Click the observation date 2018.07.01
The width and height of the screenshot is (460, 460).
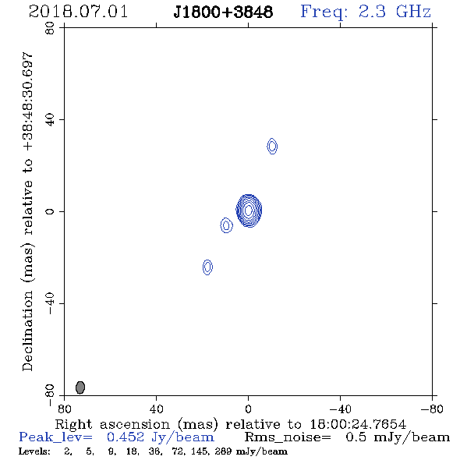coord(78,12)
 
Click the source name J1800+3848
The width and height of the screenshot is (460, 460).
coord(223,12)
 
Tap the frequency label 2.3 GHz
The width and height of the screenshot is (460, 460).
coord(395,12)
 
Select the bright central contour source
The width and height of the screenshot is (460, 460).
coord(249,211)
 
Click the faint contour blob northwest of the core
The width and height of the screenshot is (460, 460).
coord(272,146)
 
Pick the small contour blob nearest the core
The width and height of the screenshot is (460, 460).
coord(226,225)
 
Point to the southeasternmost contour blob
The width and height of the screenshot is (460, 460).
coord(207,267)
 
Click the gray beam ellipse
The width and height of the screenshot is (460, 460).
coord(80,387)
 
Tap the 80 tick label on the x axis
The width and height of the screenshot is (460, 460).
coord(64,409)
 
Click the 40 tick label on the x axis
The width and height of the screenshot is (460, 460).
coord(156,409)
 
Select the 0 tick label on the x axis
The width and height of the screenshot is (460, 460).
coord(248,409)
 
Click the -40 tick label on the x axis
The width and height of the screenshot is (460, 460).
coord(340,409)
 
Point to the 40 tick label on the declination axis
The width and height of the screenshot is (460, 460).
coord(50,120)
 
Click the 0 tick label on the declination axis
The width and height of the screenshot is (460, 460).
coord(50,211)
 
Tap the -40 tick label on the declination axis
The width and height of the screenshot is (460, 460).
coord(50,303)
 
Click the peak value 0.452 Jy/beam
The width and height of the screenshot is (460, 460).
coord(160,437)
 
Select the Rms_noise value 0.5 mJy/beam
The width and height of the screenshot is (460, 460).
coord(398,437)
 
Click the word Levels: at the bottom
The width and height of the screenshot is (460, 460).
coord(34,451)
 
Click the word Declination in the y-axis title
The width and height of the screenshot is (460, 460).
coord(27,331)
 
